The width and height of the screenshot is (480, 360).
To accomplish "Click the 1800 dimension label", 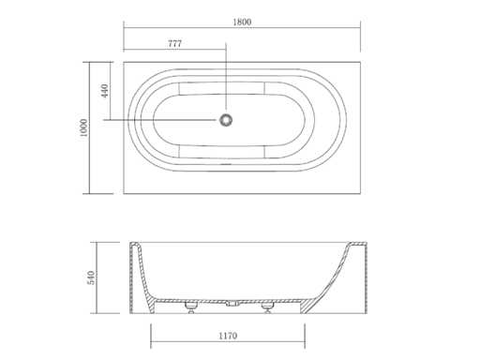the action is (242, 22).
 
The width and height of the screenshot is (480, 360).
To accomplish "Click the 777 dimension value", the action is (175, 44).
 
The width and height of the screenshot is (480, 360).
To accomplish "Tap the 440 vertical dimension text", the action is (105, 91).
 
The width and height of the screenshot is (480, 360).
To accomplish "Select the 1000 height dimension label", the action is (83, 127).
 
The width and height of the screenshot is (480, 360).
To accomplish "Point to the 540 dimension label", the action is (91, 277).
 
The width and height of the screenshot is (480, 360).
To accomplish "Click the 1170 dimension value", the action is (228, 336).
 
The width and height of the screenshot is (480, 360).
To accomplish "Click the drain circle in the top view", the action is (226, 120).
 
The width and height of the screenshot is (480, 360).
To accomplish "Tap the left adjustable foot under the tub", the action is (190, 307).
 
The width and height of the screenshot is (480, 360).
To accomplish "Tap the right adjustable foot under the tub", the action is (267, 307).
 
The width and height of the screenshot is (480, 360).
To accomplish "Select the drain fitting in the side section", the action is (232, 303).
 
